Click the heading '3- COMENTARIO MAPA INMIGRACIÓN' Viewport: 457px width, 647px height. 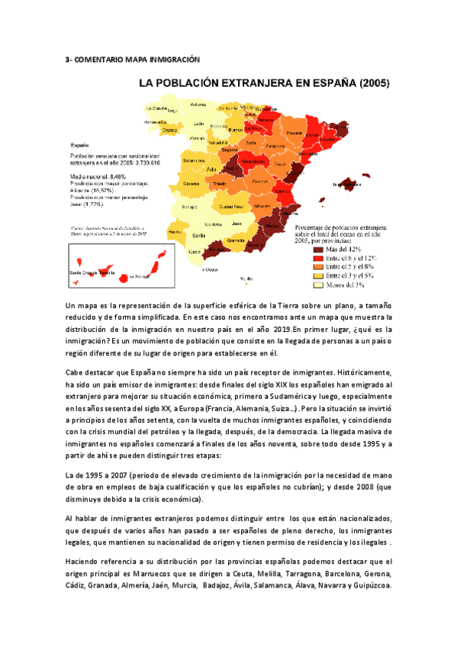[x=131, y=59]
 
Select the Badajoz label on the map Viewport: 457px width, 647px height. [x=189, y=204]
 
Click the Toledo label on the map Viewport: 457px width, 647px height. [x=220, y=185]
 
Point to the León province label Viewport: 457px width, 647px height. [x=198, y=124]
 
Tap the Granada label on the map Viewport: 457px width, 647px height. [x=236, y=239]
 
